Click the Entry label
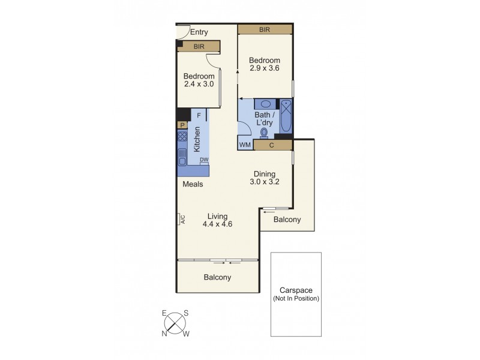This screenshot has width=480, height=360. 199,32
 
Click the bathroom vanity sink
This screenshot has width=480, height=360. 265,104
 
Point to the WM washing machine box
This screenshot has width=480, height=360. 245,145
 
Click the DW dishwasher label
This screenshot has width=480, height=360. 204,159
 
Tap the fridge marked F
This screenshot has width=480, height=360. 199,115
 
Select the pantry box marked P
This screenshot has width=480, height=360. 182,125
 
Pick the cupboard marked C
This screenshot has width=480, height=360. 272,145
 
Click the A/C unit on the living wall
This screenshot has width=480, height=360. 179,220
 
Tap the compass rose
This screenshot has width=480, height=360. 175,324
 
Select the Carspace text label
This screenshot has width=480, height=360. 296,290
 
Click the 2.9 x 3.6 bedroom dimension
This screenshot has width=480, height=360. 265,68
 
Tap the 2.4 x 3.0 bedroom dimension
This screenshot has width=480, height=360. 199,85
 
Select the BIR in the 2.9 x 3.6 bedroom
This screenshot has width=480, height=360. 265,29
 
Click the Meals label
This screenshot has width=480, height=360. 193,184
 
